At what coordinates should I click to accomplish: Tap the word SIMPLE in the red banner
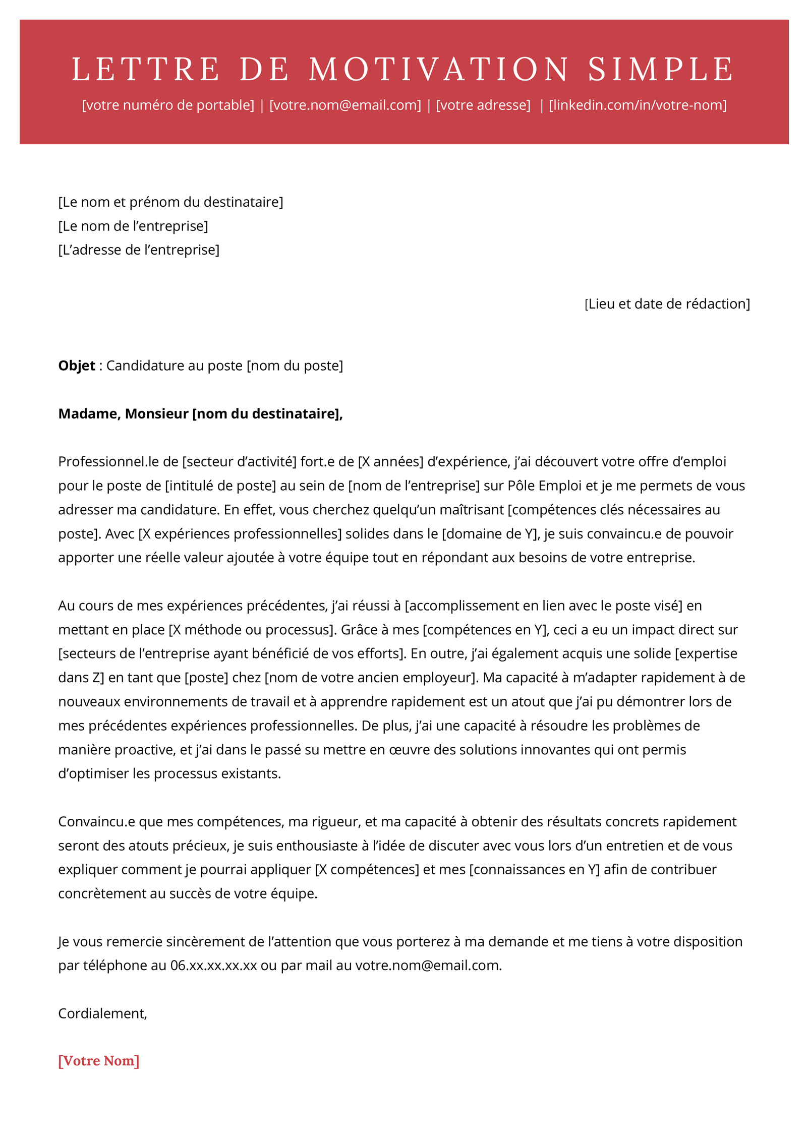(661, 69)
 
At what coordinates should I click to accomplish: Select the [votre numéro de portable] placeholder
(168, 105)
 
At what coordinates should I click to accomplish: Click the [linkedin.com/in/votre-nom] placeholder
(638, 105)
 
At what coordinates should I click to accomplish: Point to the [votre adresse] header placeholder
(483, 105)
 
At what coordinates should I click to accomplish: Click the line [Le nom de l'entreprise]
(133, 226)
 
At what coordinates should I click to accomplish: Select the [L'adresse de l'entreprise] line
(139, 250)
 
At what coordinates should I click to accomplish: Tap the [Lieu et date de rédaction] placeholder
(667, 304)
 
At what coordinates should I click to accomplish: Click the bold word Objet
(77, 366)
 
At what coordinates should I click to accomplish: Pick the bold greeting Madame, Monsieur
(124, 414)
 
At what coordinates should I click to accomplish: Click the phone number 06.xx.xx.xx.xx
(213, 966)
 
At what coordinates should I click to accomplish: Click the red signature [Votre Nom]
(99, 1061)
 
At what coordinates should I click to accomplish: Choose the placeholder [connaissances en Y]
(534, 870)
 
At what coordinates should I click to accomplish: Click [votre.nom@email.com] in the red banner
(345, 105)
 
